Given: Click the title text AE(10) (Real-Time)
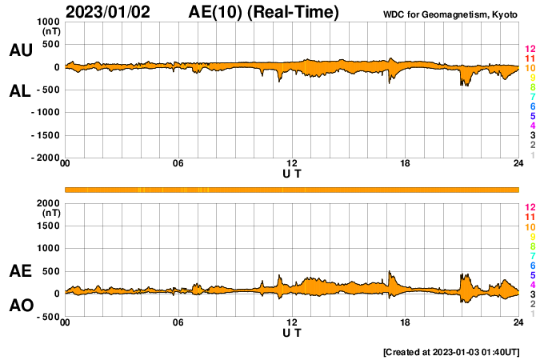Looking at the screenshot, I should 263,12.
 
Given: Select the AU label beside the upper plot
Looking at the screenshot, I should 21,50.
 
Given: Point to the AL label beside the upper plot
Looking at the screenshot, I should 21,91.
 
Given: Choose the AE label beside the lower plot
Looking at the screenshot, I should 21,271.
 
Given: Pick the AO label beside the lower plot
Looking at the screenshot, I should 21,306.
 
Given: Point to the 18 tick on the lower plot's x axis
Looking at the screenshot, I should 406,322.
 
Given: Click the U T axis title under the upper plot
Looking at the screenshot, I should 292,174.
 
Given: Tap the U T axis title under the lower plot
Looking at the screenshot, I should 292,332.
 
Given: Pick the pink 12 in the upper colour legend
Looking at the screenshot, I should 530,50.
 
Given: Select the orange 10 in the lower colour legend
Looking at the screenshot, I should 530,227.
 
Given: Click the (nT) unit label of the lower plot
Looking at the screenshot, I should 50,213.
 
